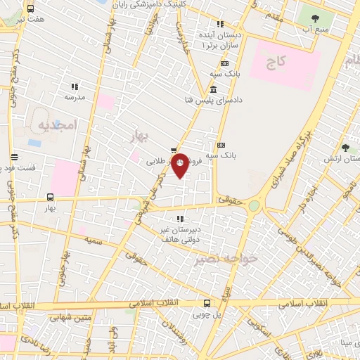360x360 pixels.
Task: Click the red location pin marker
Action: pos(181,165)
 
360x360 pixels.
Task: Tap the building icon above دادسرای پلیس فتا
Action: pos(212,88)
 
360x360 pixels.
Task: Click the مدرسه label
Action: pos(75,98)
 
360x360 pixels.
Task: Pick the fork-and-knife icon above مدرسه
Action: pos(74,86)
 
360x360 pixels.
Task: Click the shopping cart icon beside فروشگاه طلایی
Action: pos(173,149)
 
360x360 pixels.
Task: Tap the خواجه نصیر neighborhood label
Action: pos(227,259)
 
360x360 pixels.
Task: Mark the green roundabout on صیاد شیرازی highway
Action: pos(254,205)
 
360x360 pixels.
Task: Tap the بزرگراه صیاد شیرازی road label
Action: pos(283,161)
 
